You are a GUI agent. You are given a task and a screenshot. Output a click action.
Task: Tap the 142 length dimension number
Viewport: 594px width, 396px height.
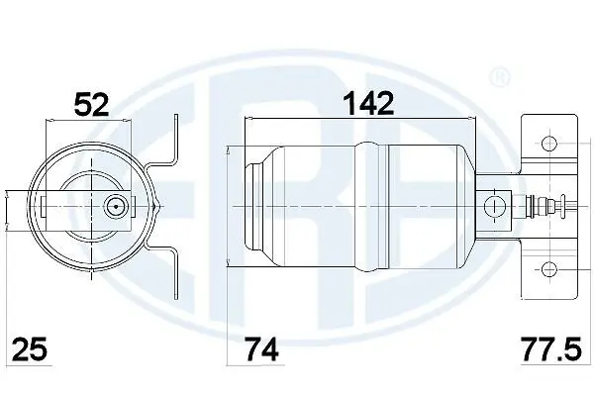point(368,102)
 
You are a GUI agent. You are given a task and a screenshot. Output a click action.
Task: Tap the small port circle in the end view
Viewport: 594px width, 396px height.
point(116,207)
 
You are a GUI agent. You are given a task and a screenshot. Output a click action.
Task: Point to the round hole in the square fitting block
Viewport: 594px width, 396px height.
point(489,205)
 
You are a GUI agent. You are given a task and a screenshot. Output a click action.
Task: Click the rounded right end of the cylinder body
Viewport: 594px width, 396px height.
point(465,205)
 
